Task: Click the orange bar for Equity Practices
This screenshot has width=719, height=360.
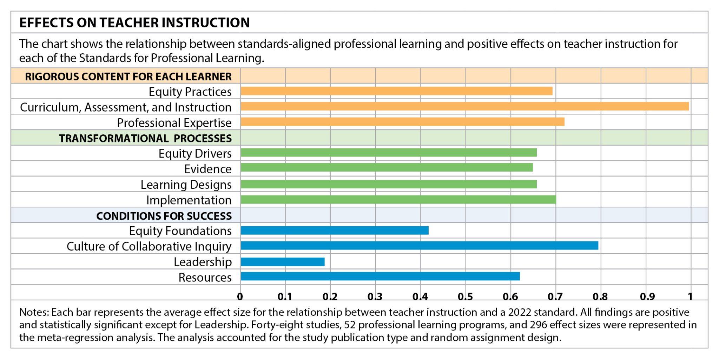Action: tap(396, 91)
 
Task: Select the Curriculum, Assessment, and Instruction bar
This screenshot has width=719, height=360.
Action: tap(464, 106)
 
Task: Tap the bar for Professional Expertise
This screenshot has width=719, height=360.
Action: tap(402, 122)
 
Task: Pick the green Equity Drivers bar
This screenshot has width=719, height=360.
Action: tap(389, 153)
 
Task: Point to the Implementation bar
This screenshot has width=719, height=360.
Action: tap(398, 200)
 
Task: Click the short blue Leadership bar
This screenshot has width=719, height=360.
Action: tap(283, 262)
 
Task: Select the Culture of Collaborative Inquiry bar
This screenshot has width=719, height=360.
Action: tap(420, 246)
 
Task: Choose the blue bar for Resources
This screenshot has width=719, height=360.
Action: tap(380, 276)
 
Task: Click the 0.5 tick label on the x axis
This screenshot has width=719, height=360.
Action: tap(465, 297)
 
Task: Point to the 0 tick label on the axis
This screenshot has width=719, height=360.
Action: tap(240, 297)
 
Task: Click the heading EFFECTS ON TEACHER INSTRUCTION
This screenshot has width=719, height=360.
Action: tap(134, 22)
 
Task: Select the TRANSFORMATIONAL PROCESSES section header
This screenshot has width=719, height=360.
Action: tap(145, 138)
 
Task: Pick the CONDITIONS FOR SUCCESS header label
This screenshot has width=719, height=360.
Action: tap(164, 216)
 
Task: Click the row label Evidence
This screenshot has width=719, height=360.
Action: tap(208, 169)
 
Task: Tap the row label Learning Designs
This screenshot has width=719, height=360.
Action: tap(186, 185)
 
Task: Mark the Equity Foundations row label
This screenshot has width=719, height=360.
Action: tap(180, 231)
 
